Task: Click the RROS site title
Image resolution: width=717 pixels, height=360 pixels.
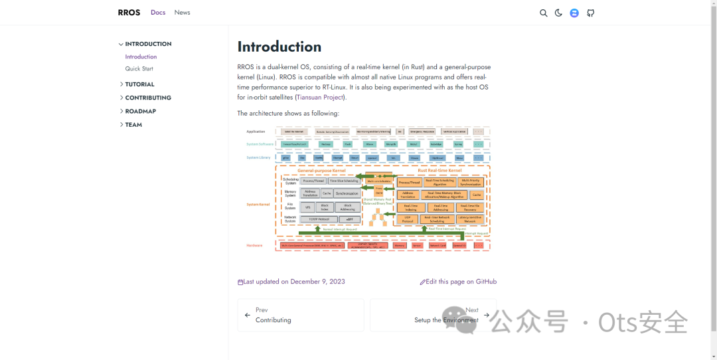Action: click(129, 13)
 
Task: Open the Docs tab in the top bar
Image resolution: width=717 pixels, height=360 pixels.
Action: click(158, 13)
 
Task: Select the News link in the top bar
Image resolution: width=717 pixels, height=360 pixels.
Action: click(182, 13)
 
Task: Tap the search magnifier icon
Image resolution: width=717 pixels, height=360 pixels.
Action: click(543, 13)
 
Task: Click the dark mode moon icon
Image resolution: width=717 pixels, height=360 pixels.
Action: click(558, 13)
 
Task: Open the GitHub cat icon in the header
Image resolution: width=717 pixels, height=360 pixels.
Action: click(590, 13)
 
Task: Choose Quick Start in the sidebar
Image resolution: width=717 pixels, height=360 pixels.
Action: click(139, 69)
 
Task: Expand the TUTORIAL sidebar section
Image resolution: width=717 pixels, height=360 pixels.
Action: click(139, 84)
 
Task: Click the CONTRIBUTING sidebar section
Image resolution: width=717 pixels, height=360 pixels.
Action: click(147, 98)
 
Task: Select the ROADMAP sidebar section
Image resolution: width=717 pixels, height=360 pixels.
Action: click(140, 112)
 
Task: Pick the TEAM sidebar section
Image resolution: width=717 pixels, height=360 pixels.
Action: click(133, 125)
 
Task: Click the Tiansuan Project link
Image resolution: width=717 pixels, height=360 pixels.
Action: click(320, 98)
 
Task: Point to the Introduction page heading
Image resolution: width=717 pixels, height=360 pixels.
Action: click(279, 46)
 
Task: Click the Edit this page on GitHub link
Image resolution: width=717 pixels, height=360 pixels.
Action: click(461, 282)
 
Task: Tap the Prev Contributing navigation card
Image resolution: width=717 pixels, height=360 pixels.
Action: click(300, 315)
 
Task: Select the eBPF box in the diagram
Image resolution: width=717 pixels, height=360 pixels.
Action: click(349, 219)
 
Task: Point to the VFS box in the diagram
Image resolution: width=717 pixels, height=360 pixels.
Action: click(307, 207)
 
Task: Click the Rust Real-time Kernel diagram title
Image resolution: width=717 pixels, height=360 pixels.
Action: click(439, 171)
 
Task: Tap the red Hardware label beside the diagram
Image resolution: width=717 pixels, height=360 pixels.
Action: click(255, 246)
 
